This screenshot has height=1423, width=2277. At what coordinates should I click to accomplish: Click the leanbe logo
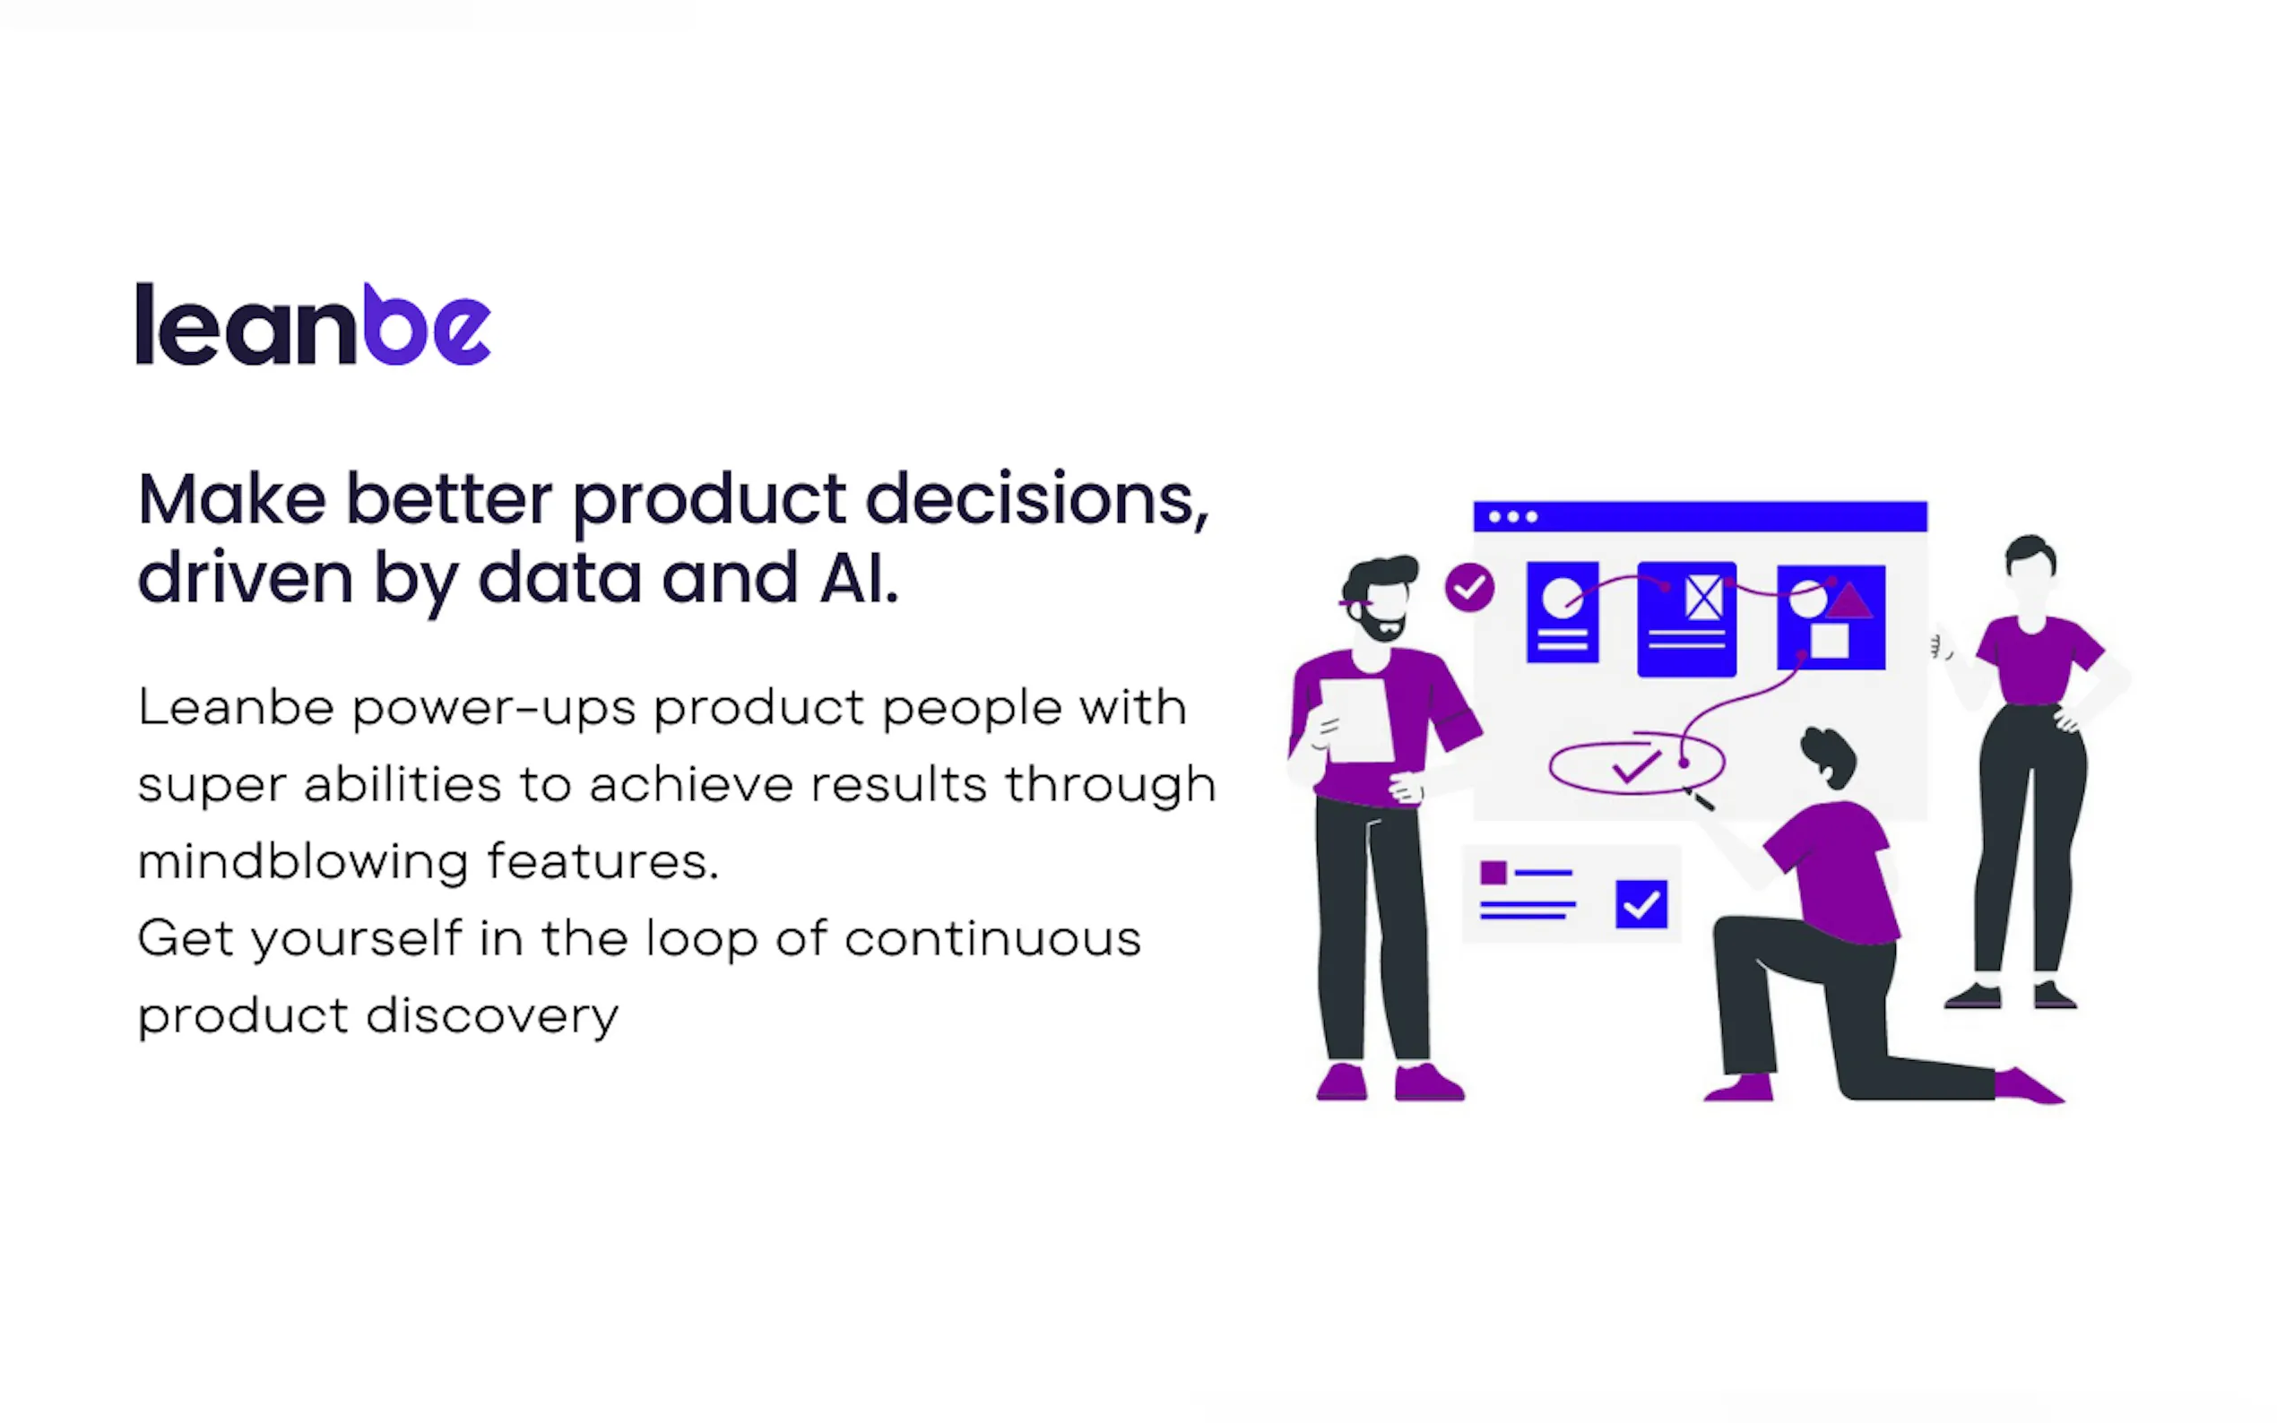314,323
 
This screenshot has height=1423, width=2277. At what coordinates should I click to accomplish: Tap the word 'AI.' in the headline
859,577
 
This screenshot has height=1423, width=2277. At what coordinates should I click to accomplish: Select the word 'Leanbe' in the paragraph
237,707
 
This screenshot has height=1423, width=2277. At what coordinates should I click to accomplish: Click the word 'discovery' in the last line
492,1016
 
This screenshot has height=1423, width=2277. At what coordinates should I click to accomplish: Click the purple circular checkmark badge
1469,588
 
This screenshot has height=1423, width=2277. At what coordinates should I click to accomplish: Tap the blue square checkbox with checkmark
1641,904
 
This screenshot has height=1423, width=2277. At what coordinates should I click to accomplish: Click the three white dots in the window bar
1512,517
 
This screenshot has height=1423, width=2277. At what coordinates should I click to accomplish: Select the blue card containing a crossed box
1687,618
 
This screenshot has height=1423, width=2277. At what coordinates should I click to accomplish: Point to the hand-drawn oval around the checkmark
1637,744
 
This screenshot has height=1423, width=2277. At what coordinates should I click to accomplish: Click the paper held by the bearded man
1356,720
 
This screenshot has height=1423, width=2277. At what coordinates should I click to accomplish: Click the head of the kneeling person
1829,755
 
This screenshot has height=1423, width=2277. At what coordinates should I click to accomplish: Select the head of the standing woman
2030,569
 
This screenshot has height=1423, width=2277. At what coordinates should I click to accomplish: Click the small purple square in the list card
1493,873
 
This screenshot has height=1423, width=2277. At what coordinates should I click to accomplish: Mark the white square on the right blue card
1829,641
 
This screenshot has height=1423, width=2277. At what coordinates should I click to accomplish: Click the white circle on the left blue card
1563,598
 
